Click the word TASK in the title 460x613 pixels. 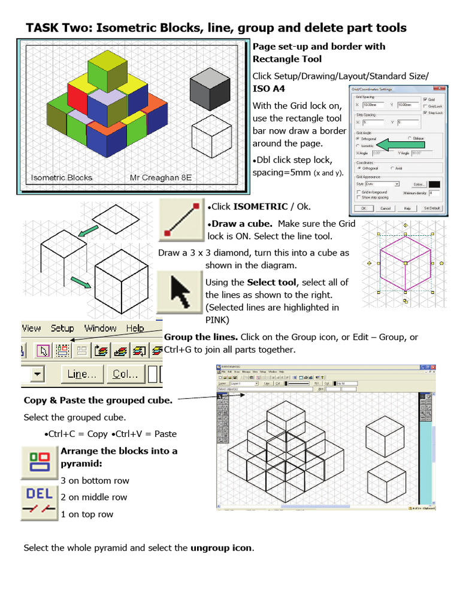[x=43, y=28]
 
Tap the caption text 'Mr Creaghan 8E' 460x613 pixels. [x=161, y=178]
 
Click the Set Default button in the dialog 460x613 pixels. [x=432, y=208]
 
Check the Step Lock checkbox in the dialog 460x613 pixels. [x=425, y=113]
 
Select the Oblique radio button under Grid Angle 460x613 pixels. [x=410, y=138]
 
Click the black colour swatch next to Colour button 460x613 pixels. [x=434, y=184]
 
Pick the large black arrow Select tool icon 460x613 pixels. [x=179, y=292]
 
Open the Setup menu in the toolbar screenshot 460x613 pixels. [x=62, y=328]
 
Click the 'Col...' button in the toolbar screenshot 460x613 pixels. [x=125, y=374]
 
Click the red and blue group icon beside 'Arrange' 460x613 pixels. [x=39, y=462]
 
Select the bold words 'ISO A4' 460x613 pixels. [x=269, y=89]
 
